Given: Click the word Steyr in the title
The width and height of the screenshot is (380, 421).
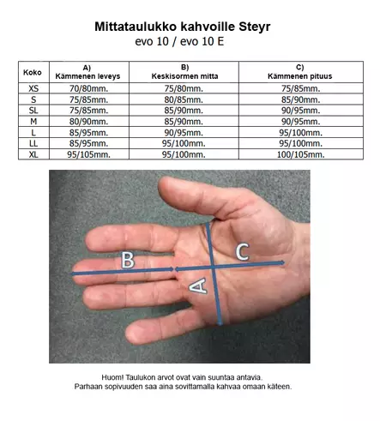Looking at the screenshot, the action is (x=255, y=27).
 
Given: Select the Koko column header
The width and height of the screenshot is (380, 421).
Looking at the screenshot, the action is (x=33, y=72).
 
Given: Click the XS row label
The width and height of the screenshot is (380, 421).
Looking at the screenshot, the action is (x=33, y=88).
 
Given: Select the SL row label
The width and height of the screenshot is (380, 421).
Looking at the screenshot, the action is (x=33, y=111).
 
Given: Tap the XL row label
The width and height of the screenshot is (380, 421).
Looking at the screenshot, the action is (x=33, y=154).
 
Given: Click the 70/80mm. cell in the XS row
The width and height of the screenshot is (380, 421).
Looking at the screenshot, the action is (x=88, y=88).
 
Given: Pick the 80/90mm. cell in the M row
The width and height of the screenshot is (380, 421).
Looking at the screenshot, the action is (x=88, y=122).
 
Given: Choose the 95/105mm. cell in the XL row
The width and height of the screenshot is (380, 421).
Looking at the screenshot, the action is (x=88, y=154).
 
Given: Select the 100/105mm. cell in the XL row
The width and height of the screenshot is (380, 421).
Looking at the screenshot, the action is (x=300, y=154).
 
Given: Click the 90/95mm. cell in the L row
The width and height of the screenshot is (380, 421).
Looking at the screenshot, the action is (x=184, y=133).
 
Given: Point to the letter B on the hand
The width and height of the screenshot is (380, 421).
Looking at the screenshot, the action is (x=128, y=260).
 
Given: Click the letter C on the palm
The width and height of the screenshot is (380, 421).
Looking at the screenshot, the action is (x=243, y=252).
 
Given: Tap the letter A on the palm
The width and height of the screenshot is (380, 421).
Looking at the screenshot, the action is (x=198, y=286).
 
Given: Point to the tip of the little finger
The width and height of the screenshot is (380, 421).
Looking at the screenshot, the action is (x=127, y=333).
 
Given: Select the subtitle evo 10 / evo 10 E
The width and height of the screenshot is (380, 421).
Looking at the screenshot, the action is (x=179, y=42).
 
